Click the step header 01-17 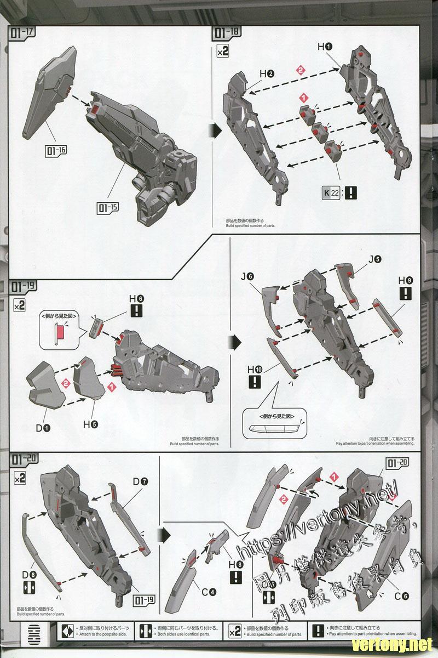pyautogui.click(x=22, y=32)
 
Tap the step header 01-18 pyautogui.click(x=226, y=32)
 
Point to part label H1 pyautogui.click(x=325, y=47)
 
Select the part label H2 pyautogui.click(x=267, y=73)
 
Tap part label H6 pyautogui.click(x=136, y=299)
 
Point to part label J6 pyautogui.click(x=247, y=276)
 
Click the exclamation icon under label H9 pyautogui.click(x=406, y=293)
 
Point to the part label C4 pyautogui.click(x=209, y=592)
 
